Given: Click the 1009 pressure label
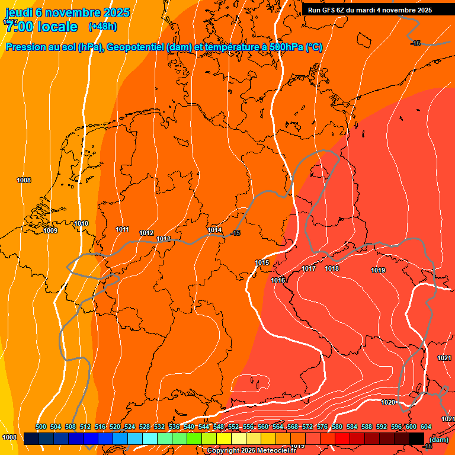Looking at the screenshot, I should coord(50,230).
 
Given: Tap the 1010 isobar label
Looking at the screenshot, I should coord(82,223).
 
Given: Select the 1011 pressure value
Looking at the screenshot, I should coord(123,229).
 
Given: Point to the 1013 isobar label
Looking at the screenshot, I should coord(164,239).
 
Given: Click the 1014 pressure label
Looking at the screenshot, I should coord(214,230).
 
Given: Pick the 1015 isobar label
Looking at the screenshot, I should coord(262,262).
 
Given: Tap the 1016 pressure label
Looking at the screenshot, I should coord(278,280).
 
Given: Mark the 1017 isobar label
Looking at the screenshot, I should coord(309,268).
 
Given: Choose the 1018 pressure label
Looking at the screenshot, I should coord(332,268).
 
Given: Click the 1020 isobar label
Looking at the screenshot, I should coord(388,402).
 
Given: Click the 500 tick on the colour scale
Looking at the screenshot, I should coord(41,427).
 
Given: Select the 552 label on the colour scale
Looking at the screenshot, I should coord(233,427).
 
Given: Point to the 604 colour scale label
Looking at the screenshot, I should coord(425,427).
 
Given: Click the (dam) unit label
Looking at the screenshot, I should coord(439,440).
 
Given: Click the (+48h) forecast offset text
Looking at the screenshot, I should coord(102,27).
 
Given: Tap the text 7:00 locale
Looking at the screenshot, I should coord(40,27).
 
